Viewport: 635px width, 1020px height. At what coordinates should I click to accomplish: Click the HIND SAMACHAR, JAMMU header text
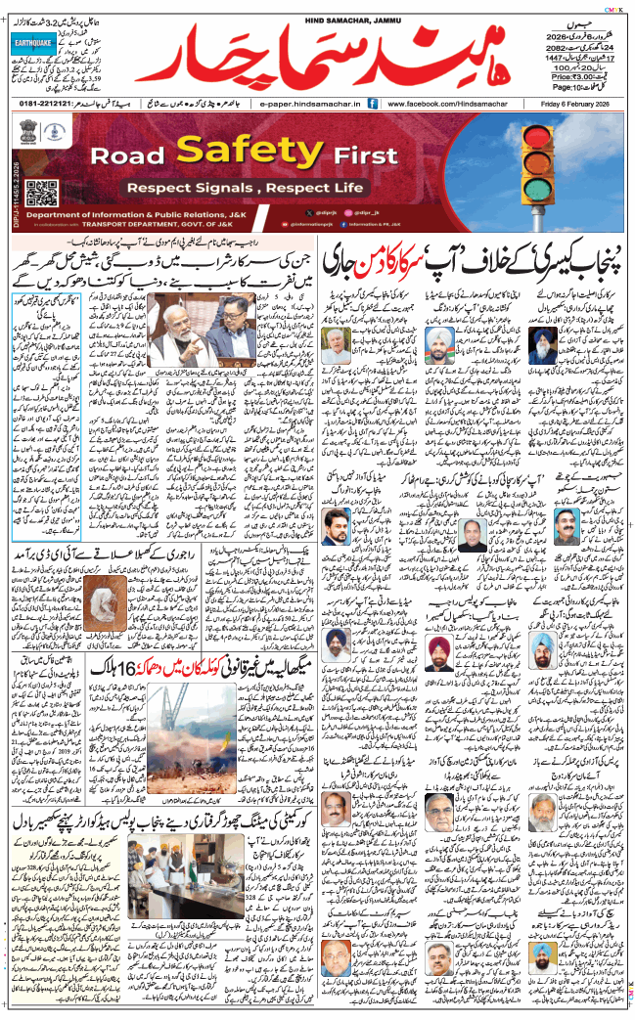pos(316,8)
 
